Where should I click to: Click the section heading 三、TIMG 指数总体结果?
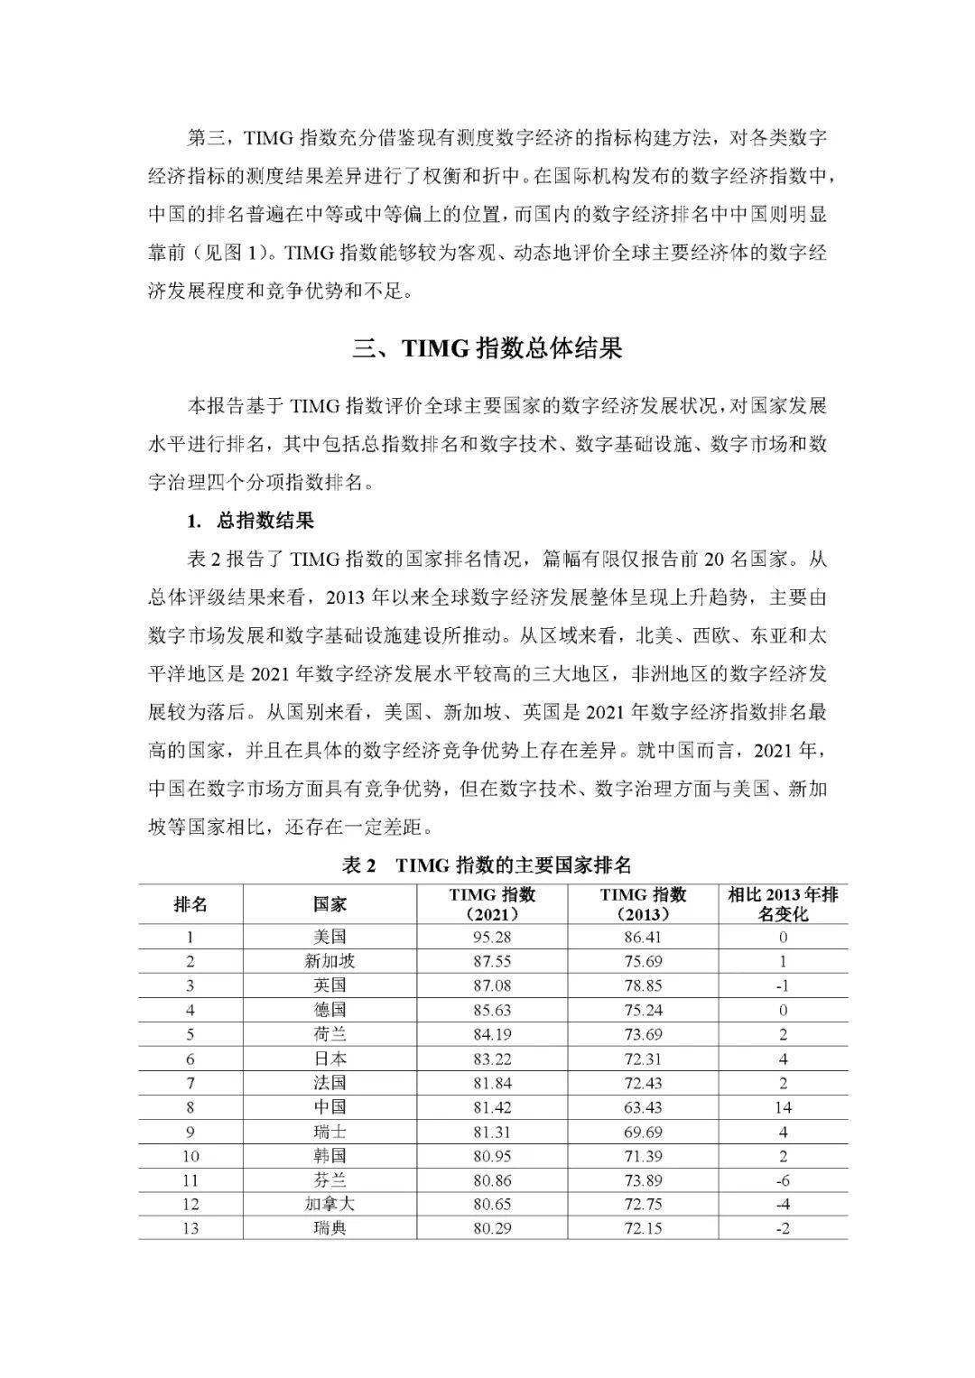click(x=487, y=349)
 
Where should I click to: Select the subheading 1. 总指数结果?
click(x=250, y=521)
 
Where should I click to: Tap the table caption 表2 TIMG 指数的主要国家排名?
click(x=487, y=865)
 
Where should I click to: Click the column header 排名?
click(x=190, y=903)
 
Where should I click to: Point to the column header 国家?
click(x=330, y=903)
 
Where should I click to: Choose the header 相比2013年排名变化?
click(x=783, y=903)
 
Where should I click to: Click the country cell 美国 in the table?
click(x=330, y=937)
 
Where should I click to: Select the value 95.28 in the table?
click(x=492, y=937)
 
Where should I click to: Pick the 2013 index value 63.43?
click(x=643, y=1107)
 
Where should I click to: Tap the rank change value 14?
click(x=783, y=1107)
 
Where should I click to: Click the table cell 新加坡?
click(x=330, y=961)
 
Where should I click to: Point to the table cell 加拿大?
click(x=330, y=1204)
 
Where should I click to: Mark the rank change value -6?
click(x=783, y=1179)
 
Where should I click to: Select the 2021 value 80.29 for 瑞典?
click(x=492, y=1228)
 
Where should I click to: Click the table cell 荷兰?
click(x=330, y=1034)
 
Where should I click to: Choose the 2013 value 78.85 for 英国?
click(x=643, y=985)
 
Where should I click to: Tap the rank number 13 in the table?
click(x=190, y=1228)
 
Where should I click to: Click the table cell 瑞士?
click(x=330, y=1132)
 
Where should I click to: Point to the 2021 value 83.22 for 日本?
click(x=492, y=1059)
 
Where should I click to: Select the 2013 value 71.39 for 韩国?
click(x=643, y=1156)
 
